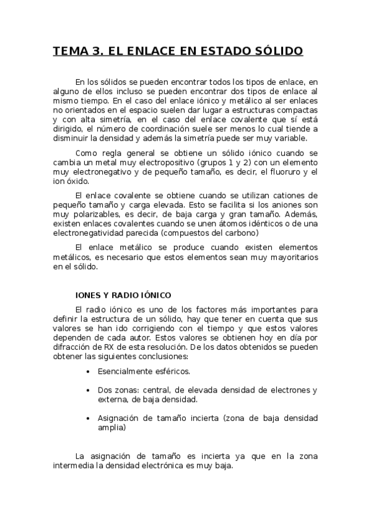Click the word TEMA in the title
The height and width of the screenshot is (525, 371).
pyautogui.click(x=69, y=51)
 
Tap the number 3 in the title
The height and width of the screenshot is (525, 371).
pyautogui.click(x=97, y=51)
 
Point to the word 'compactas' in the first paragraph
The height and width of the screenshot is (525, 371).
pyautogui.click(x=299, y=109)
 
